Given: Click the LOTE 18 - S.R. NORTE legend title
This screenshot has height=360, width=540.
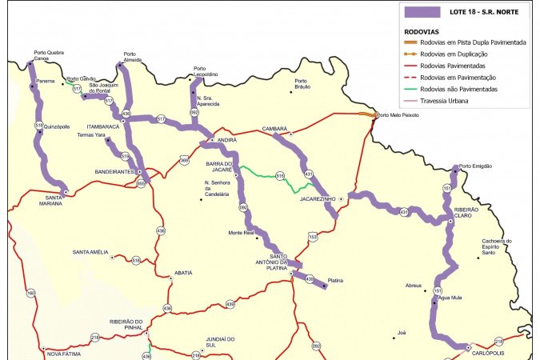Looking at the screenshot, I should pos(479,13).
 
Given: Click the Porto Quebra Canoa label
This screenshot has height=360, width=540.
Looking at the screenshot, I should pos(50,55).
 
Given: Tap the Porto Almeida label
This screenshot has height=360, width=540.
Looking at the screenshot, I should pos(134,57).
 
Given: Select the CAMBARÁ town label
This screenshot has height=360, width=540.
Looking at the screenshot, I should pos(274,128).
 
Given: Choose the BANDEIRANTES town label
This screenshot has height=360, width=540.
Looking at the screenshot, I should pos(114,171).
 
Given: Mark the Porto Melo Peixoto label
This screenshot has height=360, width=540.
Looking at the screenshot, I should pos(398,115).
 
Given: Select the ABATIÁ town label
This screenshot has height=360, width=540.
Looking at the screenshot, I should pos(182,273).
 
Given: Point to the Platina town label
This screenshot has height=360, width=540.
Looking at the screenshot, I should pos(336,281).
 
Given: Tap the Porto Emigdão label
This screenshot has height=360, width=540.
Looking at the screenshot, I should pos(476,166).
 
